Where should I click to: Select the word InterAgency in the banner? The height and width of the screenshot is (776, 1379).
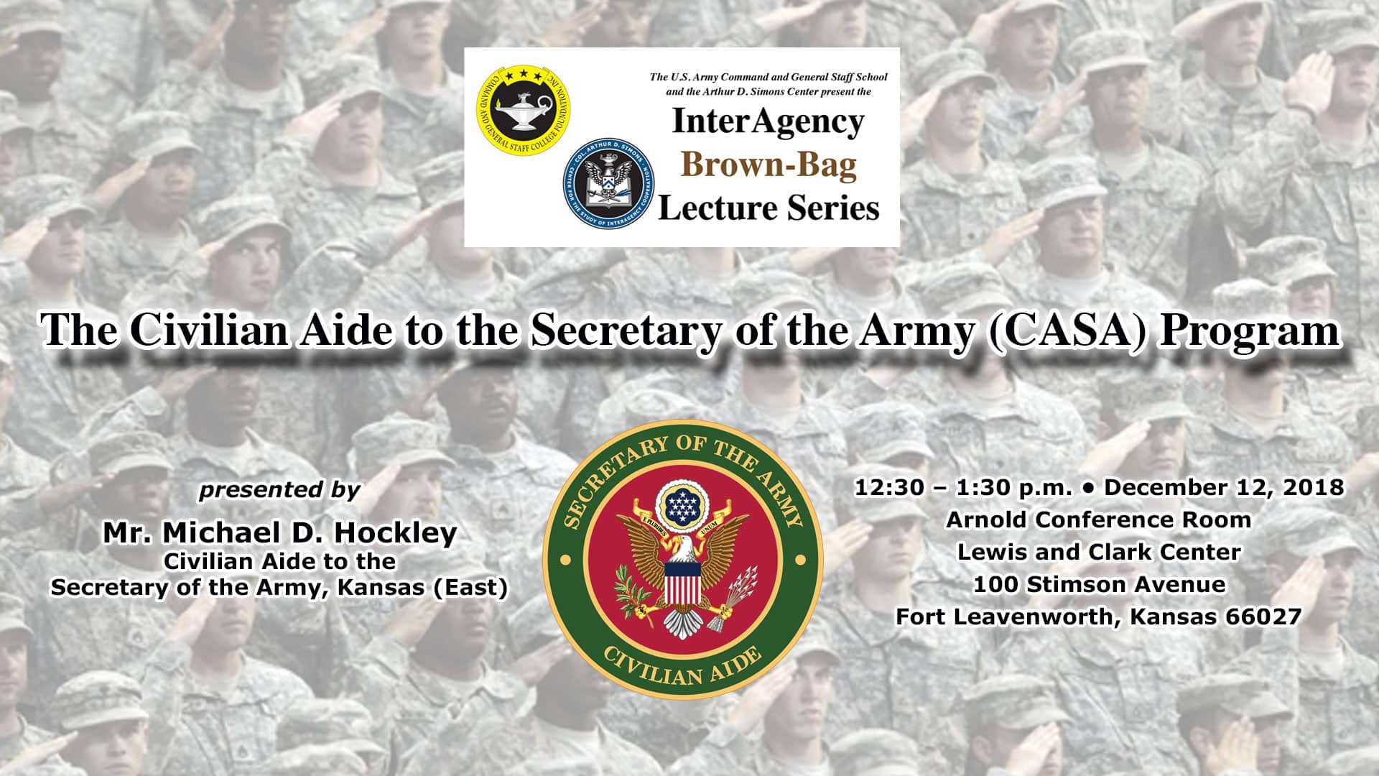coord(768,121)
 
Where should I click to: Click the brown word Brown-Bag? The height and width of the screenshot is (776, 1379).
coord(769,165)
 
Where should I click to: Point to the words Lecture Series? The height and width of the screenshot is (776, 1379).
coord(769,208)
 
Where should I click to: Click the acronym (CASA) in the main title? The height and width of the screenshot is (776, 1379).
coord(1067,331)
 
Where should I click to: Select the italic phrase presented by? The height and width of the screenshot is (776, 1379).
coord(279,490)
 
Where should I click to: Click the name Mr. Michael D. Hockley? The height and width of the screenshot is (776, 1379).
coord(279,533)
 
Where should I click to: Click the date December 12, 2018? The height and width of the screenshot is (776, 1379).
coord(1224,488)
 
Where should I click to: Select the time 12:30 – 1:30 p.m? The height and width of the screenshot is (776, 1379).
coord(963,488)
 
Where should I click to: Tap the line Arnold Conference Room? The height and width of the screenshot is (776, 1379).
coord(1098,519)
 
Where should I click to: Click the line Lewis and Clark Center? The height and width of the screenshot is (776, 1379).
coord(1099,552)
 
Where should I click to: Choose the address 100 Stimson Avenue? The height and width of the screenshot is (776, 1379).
coord(1099,584)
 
